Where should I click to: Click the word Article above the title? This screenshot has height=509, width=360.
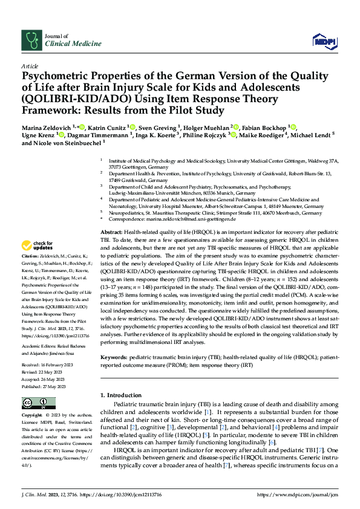point(30,65)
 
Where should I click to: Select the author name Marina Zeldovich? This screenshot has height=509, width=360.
point(45,128)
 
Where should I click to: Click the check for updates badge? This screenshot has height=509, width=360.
point(36,245)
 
